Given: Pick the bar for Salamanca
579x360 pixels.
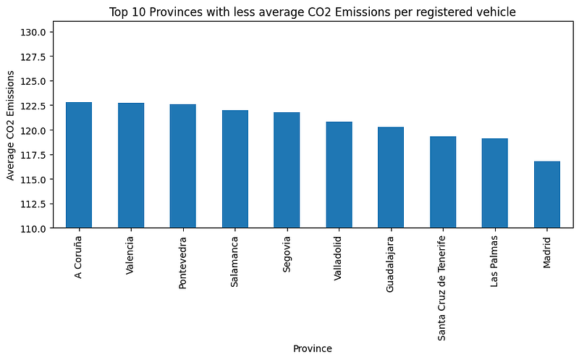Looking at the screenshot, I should click(x=234, y=169).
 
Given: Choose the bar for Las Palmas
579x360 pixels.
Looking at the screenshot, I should click(x=495, y=183).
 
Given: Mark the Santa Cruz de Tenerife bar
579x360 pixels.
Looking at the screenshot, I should click(x=443, y=182).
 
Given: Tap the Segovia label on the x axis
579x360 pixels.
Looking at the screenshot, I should click(x=287, y=251).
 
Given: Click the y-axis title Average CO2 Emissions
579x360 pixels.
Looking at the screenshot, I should click(x=10, y=130).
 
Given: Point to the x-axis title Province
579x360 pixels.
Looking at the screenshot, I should click(x=313, y=348).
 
